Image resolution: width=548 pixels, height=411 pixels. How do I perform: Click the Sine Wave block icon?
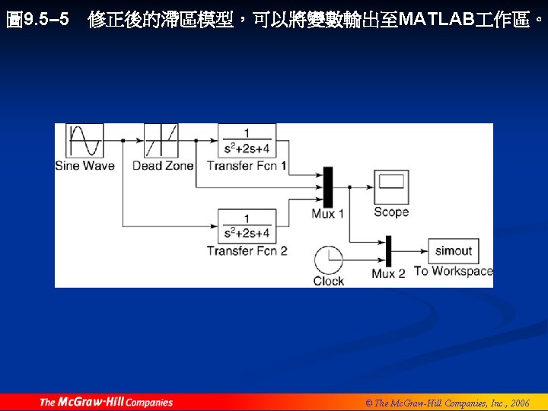click(84, 141)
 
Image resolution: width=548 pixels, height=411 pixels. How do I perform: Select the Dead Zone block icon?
click(161, 141)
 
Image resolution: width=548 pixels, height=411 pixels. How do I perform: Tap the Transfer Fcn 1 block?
click(247, 141)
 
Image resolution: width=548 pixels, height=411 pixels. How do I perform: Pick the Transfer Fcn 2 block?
click(247, 226)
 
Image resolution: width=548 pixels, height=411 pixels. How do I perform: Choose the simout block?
click(453, 250)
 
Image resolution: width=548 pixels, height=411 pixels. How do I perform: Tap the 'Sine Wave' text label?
click(84, 165)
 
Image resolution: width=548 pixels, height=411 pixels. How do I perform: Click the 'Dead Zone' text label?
click(162, 165)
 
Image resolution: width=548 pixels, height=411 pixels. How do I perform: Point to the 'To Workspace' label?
click(454, 271)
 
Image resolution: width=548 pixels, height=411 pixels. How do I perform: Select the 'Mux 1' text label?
click(328, 214)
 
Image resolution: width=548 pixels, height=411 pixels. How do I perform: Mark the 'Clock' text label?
click(329, 281)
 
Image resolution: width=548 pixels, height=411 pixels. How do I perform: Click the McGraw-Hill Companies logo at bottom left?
click(107, 402)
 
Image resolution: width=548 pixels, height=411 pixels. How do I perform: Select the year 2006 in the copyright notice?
click(520, 403)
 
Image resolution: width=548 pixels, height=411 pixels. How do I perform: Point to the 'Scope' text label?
click(391, 212)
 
